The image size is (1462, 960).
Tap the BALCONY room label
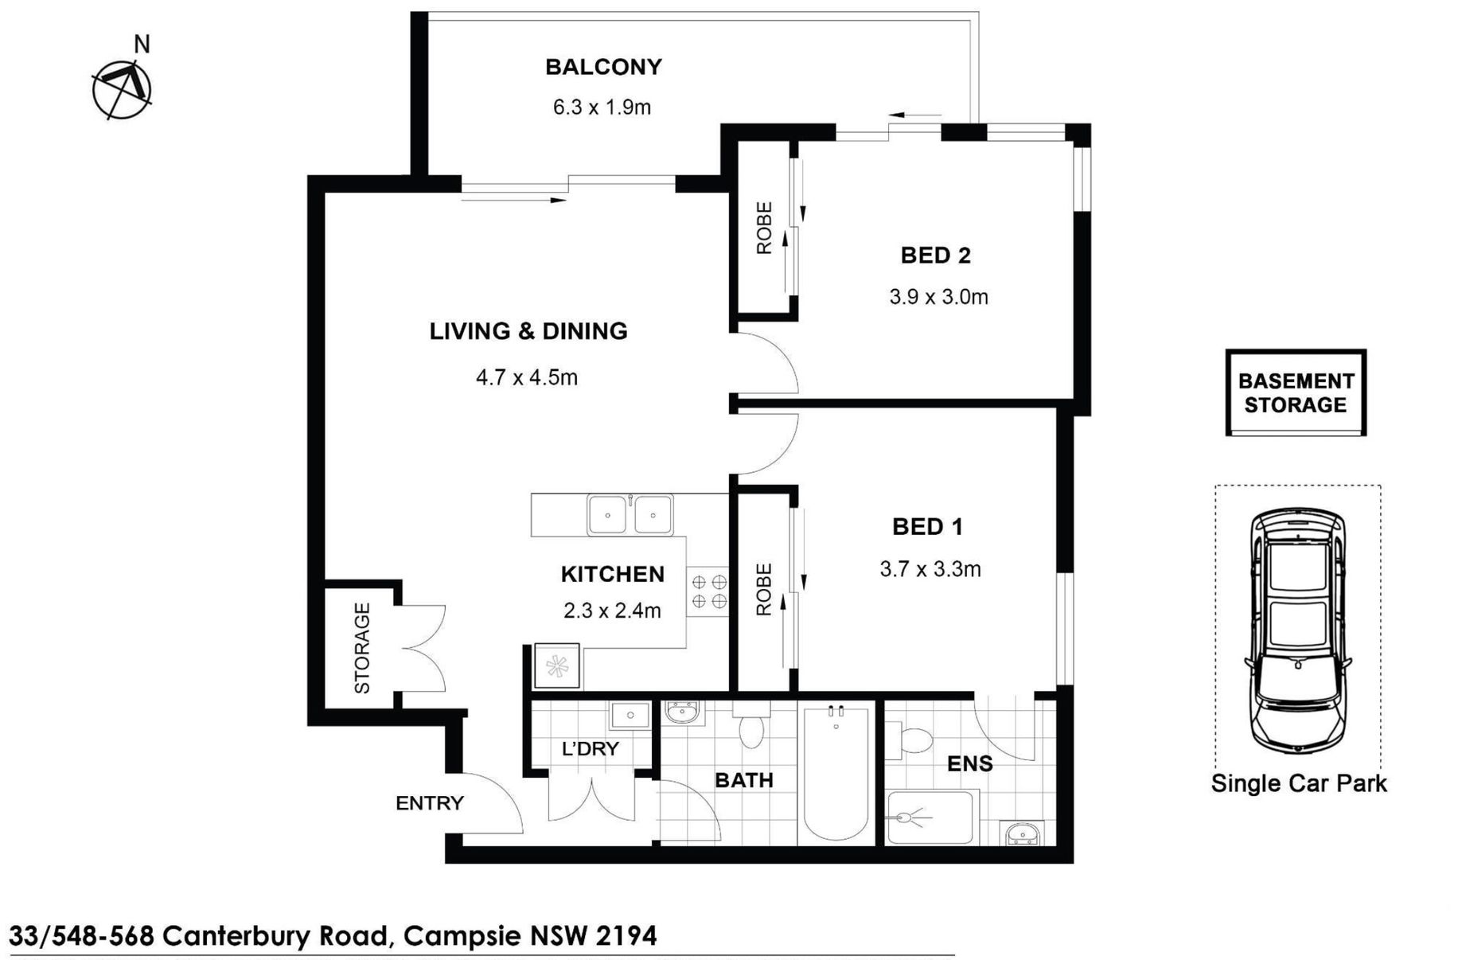(x=603, y=67)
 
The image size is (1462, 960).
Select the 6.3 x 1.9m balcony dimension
(x=602, y=107)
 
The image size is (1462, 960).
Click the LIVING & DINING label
(x=528, y=331)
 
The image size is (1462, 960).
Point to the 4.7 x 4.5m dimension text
(x=527, y=377)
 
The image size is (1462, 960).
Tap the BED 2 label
(x=935, y=256)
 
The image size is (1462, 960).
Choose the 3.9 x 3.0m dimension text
(x=938, y=297)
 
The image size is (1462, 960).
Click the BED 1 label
(x=927, y=526)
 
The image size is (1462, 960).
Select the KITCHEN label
(x=612, y=574)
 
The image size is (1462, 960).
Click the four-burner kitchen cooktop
(x=708, y=591)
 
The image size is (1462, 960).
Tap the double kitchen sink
(x=630, y=514)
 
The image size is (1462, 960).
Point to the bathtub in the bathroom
(x=836, y=772)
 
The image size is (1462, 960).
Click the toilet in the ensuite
(x=910, y=740)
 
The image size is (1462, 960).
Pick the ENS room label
(x=969, y=764)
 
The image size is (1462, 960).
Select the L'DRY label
(x=590, y=748)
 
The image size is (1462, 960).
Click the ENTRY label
(x=430, y=803)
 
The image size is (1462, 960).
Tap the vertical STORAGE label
(x=362, y=648)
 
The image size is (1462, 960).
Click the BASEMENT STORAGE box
(x=1296, y=392)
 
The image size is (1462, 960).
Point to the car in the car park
(x=1298, y=630)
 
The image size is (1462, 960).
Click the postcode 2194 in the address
(x=626, y=935)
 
